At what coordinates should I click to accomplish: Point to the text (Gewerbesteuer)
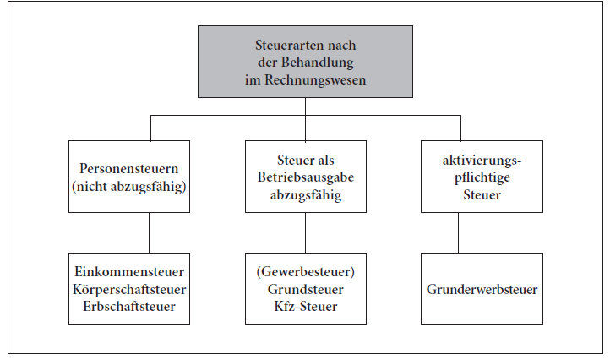305,271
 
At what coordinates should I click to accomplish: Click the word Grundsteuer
305,288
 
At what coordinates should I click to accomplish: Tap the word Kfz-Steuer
305,306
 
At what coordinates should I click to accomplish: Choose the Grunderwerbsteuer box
482,288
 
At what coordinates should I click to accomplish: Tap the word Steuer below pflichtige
482,194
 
